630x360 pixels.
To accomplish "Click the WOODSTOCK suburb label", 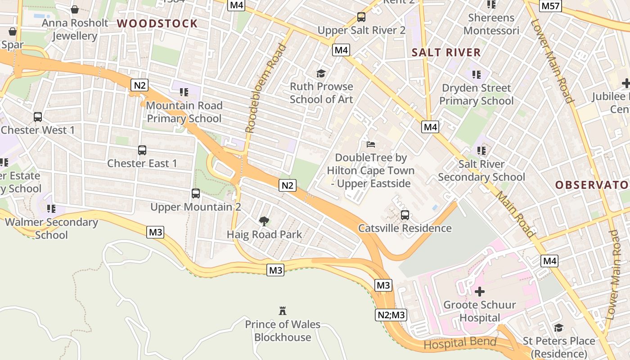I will click(x=157, y=24).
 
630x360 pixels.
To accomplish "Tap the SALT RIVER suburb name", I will click(x=446, y=53).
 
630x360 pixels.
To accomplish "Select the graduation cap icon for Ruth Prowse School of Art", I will click(x=321, y=73).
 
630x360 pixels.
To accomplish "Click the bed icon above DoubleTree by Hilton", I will click(x=371, y=144).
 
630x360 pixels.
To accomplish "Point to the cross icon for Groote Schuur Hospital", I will click(x=480, y=292).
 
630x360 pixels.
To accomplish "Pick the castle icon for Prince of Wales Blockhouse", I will click(x=283, y=311).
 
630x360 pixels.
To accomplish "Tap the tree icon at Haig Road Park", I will click(x=264, y=221).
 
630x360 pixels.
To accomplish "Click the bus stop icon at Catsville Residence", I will click(x=405, y=215).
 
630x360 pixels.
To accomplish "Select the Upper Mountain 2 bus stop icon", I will click(x=196, y=193).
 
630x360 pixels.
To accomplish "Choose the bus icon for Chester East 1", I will click(x=142, y=150).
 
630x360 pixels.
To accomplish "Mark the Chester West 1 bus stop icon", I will click(x=38, y=117).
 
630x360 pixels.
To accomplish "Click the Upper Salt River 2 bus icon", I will click(x=361, y=17).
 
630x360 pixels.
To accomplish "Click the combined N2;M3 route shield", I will click(x=391, y=315).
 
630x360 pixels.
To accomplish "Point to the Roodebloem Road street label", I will click(x=265, y=88).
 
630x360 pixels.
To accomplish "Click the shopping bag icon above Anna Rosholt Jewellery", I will click(x=75, y=9).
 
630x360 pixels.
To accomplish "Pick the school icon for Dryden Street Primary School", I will click(x=477, y=74).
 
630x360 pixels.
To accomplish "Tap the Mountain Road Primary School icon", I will click(x=184, y=92).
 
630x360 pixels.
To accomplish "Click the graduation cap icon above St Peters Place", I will click(x=558, y=328).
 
